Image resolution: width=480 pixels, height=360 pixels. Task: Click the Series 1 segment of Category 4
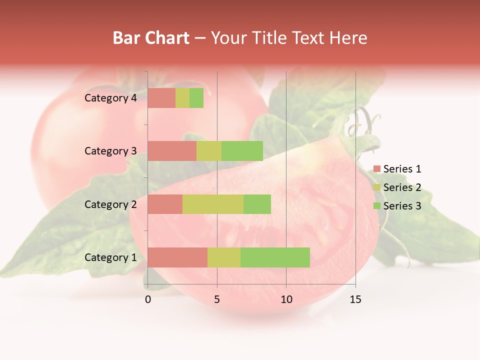tap(161, 98)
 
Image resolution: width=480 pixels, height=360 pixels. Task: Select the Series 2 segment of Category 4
tap(182, 98)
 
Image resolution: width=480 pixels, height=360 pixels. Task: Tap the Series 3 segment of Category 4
tap(196, 98)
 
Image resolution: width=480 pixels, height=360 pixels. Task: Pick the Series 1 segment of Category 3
tap(172, 151)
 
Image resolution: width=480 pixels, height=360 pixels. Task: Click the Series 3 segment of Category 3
tap(242, 151)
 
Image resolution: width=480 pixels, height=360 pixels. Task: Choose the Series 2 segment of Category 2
tap(213, 204)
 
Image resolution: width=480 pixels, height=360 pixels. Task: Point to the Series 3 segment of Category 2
tap(257, 204)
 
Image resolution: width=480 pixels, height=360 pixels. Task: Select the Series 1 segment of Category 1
tap(177, 257)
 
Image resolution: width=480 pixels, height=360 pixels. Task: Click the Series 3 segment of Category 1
tap(275, 257)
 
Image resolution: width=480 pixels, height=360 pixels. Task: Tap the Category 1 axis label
tap(110, 257)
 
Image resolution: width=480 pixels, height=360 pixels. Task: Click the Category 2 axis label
tap(110, 204)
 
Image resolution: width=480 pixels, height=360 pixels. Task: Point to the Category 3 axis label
tap(110, 151)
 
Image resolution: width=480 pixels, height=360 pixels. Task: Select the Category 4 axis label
tap(110, 98)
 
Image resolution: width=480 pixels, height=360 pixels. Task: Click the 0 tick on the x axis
tap(148, 299)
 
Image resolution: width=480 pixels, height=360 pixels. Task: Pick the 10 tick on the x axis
tap(286, 299)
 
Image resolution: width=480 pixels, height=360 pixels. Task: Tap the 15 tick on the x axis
tap(355, 299)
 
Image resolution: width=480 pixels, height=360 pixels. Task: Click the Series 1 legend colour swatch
tap(376, 169)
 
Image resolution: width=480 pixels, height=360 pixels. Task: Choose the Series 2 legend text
tap(402, 187)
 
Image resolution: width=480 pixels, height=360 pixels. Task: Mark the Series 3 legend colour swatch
tap(376, 206)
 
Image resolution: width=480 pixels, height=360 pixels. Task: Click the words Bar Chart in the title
tap(151, 38)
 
